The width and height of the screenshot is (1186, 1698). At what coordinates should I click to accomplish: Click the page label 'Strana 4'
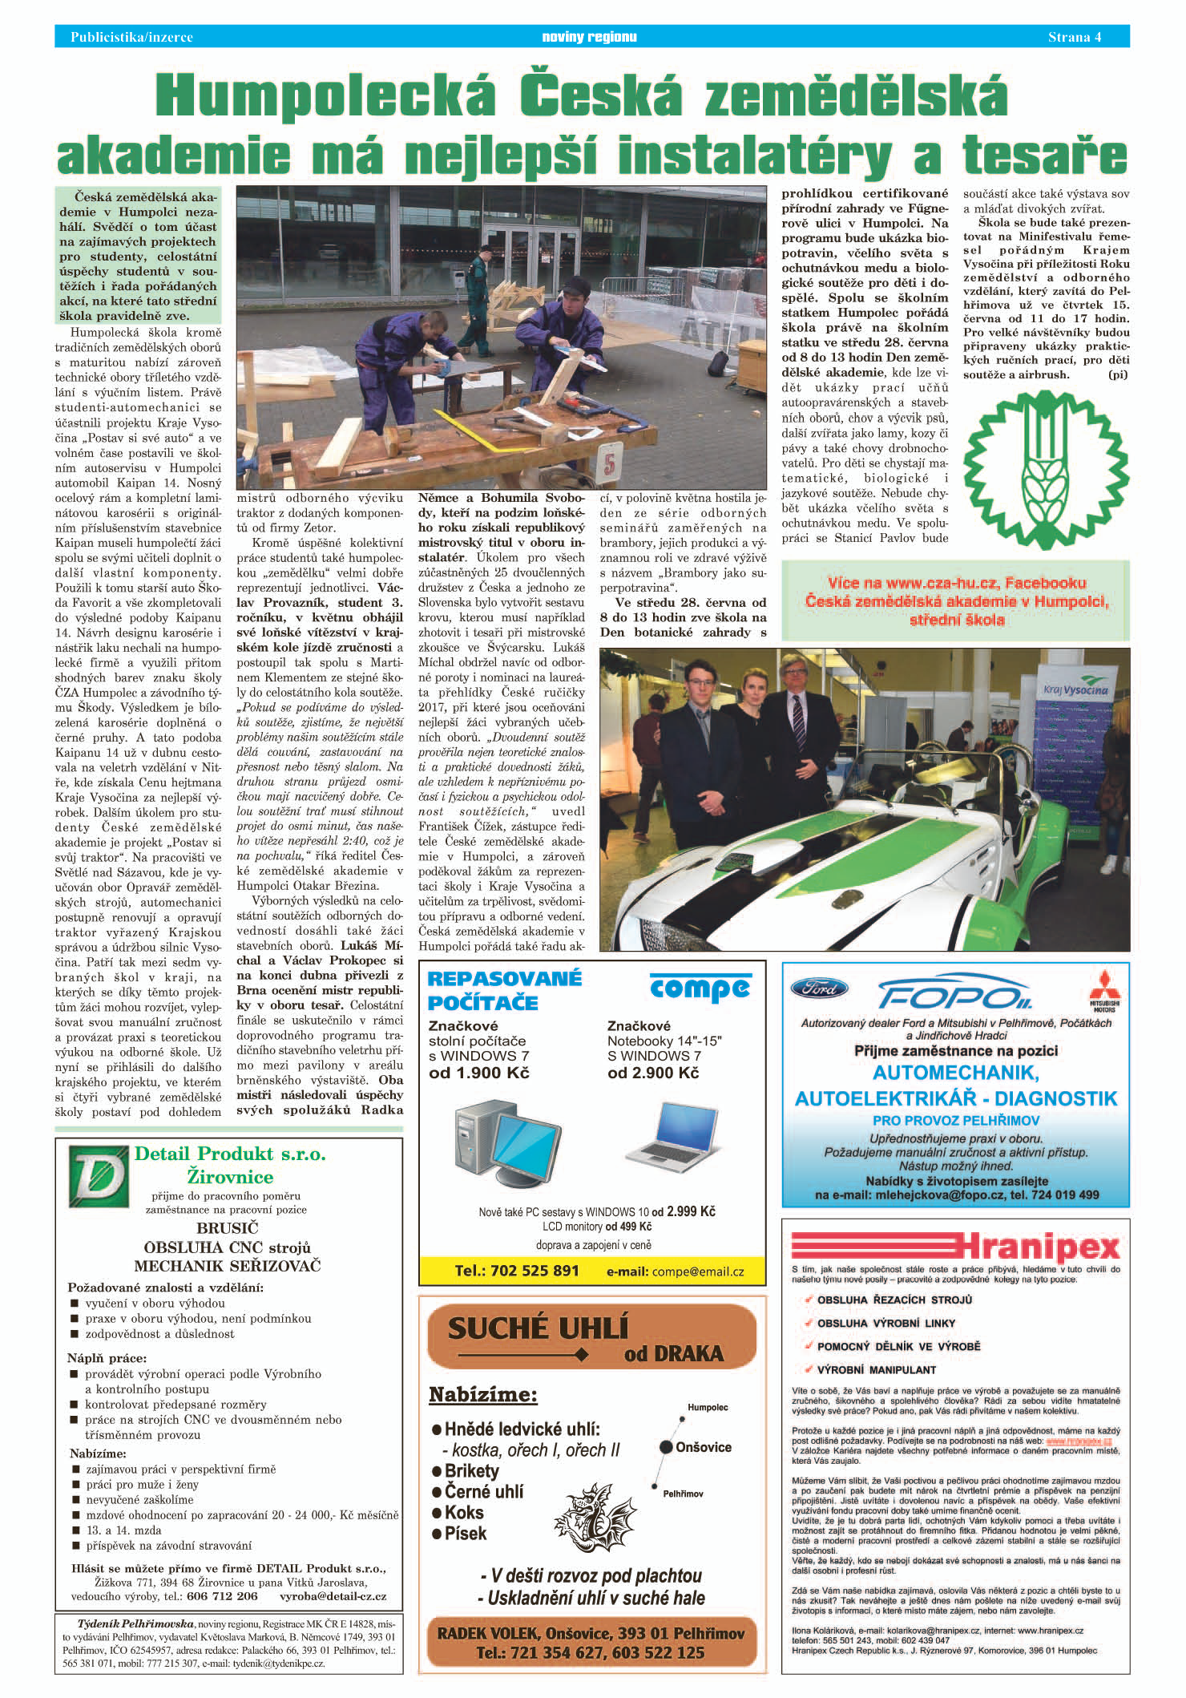pyautogui.click(x=1075, y=37)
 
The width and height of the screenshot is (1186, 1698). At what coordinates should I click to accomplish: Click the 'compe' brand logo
pyautogui.click(x=700, y=988)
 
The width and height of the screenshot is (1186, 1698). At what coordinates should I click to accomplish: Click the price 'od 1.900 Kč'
pyautogui.click(x=479, y=1073)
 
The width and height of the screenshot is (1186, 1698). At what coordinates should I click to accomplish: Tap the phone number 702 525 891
pyautogui.click(x=516, y=1271)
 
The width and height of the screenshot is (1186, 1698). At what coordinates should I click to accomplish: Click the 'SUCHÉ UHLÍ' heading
pyautogui.click(x=538, y=1328)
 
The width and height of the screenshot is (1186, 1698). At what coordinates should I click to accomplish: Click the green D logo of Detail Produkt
pyautogui.click(x=99, y=1176)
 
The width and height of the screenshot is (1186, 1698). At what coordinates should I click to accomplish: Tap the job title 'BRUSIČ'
pyautogui.click(x=228, y=1227)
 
